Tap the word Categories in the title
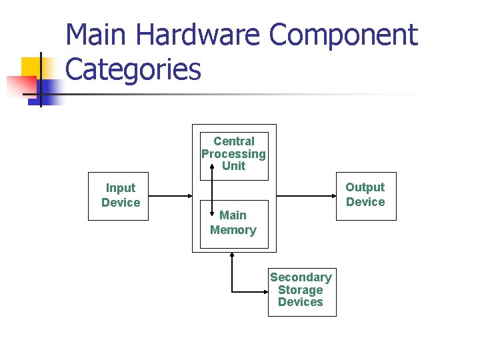[133, 69]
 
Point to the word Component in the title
[343, 35]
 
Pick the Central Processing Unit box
[234, 155]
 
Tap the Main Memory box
[234, 223]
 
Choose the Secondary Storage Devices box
[301, 291]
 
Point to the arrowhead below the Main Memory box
[231, 255]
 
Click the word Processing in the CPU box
[234, 154]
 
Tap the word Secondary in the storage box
[301, 277]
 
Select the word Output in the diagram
[365, 187]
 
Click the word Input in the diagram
[121, 188]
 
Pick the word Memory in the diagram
[233, 230]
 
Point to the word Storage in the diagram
[301, 290]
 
